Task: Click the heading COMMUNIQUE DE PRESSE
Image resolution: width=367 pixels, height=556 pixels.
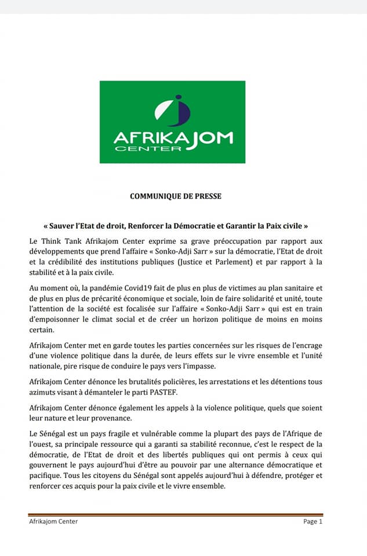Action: point(175,196)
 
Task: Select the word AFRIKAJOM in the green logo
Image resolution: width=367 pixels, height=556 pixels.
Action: point(173,138)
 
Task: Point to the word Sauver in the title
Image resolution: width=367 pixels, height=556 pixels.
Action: point(54,225)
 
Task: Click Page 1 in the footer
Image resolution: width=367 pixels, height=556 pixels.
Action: point(312,521)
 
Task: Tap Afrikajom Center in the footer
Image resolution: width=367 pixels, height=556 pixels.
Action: point(53,521)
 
